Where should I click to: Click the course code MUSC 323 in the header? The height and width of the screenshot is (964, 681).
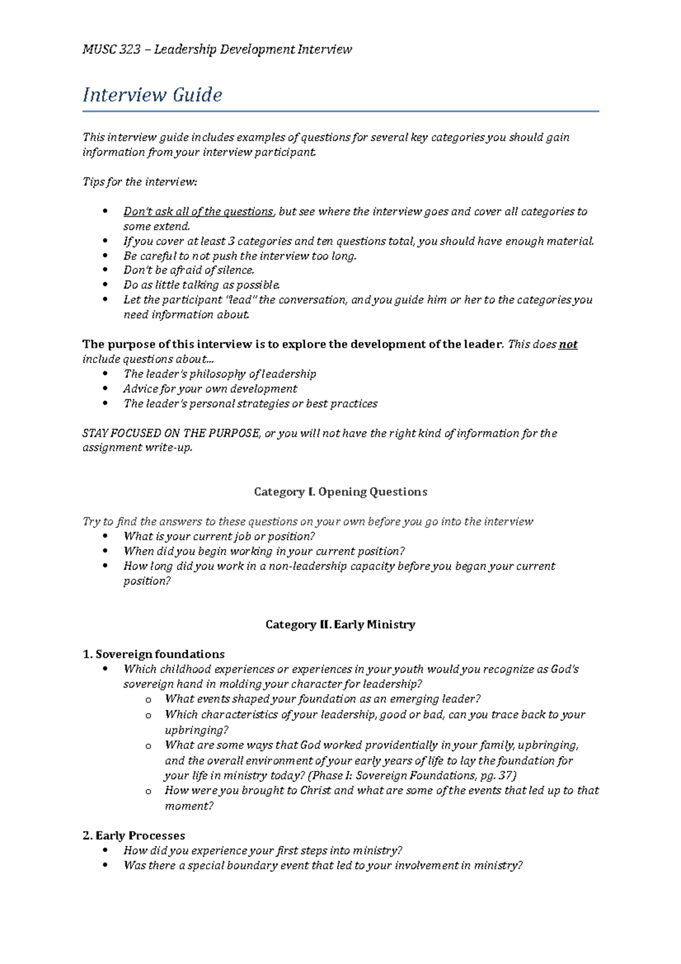click(x=111, y=49)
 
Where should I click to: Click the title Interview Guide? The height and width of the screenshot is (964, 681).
click(x=152, y=94)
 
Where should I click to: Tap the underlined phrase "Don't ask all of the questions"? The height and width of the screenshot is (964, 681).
click(x=198, y=212)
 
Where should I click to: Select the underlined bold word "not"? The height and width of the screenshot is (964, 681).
click(x=568, y=345)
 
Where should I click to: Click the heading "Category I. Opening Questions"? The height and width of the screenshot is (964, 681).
click(x=340, y=492)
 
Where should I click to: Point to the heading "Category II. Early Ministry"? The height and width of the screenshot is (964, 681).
click(x=340, y=624)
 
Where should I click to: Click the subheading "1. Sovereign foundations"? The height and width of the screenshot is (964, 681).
click(x=153, y=654)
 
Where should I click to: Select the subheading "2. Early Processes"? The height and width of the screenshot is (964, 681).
click(x=134, y=836)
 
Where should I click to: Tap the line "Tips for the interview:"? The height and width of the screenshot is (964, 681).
click(x=140, y=182)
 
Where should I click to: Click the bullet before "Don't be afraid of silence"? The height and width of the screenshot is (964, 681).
click(x=105, y=270)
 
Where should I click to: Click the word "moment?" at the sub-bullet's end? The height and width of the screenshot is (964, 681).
click(x=188, y=806)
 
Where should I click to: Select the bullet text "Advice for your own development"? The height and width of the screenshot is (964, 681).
click(x=210, y=389)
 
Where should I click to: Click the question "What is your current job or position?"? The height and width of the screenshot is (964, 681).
click(x=219, y=537)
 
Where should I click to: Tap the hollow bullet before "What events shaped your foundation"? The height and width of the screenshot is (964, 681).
click(x=148, y=700)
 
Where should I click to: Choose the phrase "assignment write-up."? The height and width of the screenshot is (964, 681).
click(x=137, y=448)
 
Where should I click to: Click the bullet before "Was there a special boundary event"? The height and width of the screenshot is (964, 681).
click(x=105, y=866)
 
